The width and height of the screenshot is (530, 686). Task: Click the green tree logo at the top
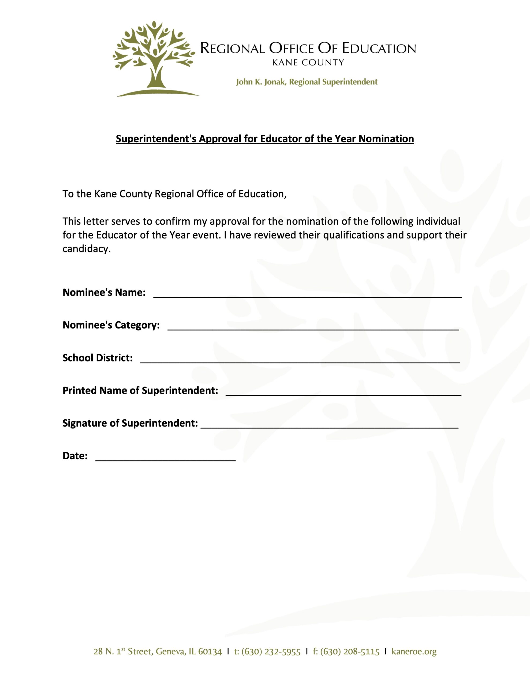point(155,58)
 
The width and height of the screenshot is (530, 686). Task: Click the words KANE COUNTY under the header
point(308,62)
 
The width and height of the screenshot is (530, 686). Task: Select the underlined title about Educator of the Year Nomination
point(265,139)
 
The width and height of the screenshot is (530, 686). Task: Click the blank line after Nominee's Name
point(307,294)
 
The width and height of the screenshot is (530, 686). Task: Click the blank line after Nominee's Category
point(313,326)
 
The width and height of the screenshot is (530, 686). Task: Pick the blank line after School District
point(300,359)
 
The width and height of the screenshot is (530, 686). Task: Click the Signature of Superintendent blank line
point(329,424)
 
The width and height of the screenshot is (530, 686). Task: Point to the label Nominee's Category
point(111,325)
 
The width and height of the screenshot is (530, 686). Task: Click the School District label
point(97,358)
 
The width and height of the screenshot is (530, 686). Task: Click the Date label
point(75,456)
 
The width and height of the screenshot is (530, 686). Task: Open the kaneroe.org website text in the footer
point(414,651)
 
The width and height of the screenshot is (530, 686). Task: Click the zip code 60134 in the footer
point(210,651)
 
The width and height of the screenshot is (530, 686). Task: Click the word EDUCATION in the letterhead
point(379,49)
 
